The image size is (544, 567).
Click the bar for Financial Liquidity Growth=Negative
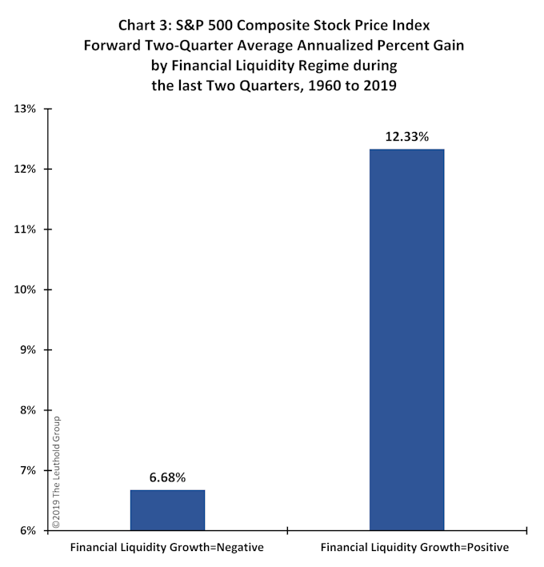click(167, 509)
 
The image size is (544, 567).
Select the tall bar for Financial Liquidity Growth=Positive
click(406, 339)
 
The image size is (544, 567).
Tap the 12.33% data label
click(406, 137)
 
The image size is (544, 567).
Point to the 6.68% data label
click(167, 477)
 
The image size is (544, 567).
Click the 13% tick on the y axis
click(23, 109)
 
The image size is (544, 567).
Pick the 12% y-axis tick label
click(23, 170)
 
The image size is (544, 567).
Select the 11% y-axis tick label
click(23, 230)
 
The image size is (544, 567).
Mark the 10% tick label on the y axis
click(23, 289)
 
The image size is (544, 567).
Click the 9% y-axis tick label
click(26, 350)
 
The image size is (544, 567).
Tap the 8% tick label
click(26, 410)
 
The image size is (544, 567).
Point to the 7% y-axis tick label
click(26, 470)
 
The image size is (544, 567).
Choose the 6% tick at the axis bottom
click(26, 530)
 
